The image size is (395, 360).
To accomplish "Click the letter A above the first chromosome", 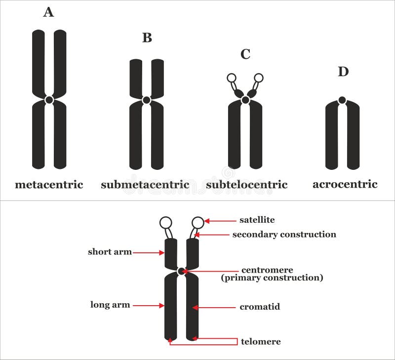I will point(48,12).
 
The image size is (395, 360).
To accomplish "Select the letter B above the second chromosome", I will point(147,38).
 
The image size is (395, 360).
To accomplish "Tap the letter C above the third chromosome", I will point(245,54).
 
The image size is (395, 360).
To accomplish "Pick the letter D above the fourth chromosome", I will point(343,72).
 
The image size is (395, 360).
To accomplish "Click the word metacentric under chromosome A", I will point(49,185).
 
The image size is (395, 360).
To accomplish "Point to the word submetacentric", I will point(145,185).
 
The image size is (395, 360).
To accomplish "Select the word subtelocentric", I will point(246,185).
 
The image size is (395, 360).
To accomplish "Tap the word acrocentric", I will point(345,184).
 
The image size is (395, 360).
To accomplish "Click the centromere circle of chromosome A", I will point(49,100).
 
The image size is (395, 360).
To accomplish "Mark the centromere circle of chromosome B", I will point(146,100).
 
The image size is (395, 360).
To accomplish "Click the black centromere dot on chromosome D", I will point(342,100).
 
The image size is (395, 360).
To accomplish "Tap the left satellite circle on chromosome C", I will point(231,78).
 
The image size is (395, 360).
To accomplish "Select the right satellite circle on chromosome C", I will point(258,78).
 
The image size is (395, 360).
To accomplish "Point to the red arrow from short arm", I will point(148,252).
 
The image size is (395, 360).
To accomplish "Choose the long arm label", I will point(110,305).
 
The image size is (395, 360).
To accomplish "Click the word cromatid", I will point(260,307).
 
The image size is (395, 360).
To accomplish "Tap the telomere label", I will point(261,341).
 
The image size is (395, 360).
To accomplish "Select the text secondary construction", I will point(284,235).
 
